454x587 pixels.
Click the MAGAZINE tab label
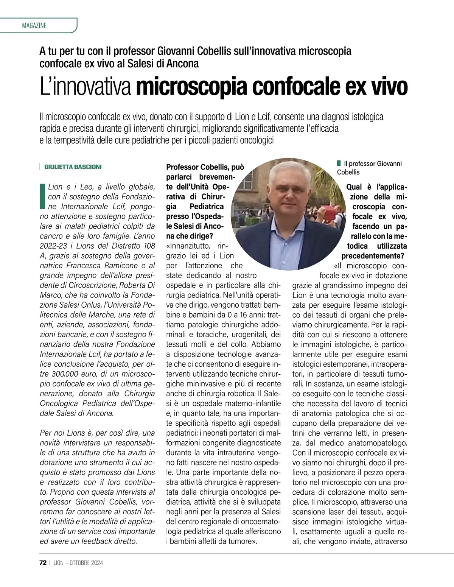click(x=34, y=26)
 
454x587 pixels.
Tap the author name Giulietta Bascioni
click(x=73, y=167)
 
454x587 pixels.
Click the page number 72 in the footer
click(x=43, y=562)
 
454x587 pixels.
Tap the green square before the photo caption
click(x=339, y=163)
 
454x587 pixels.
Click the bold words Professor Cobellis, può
click(x=205, y=167)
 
